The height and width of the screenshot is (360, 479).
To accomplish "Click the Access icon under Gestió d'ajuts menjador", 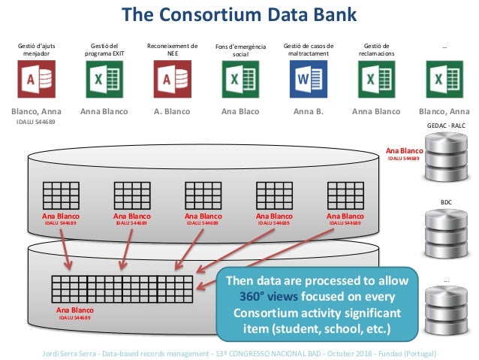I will click(36, 78).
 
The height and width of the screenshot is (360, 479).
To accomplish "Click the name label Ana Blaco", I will click(240, 112).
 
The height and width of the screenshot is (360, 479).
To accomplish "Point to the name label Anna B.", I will click(308, 112).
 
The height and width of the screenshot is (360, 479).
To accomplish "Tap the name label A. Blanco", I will click(171, 112).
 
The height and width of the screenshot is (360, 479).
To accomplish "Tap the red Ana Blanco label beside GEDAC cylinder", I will click(404, 151).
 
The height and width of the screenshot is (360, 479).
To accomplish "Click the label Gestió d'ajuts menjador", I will click(36, 50).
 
